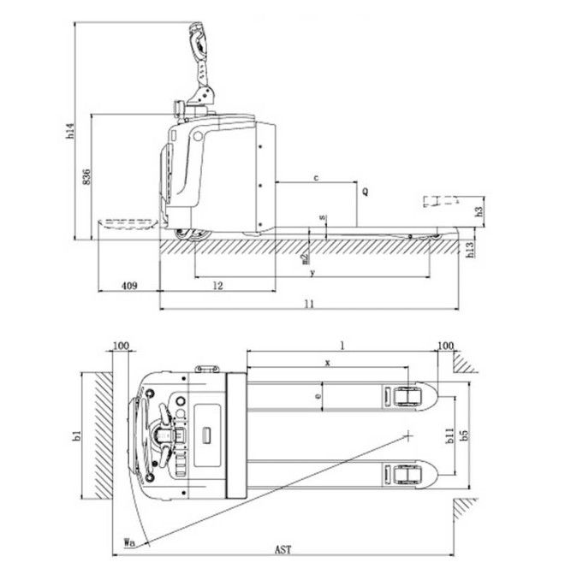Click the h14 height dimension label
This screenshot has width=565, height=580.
tap(70, 131)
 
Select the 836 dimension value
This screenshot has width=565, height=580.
tap(86, 177)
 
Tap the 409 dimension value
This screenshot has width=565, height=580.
tap(129, 286)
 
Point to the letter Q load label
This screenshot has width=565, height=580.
tap(366, 192)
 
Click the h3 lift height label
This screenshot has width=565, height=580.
tap(479, 211)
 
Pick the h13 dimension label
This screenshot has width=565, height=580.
tap(469, 250)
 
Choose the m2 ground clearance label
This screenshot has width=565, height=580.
tap(305, 258)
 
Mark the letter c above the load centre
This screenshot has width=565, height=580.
tap(316, 178)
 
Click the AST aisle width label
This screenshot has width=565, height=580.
tap(282, 550)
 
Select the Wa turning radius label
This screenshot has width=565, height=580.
tap(129, 542)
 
